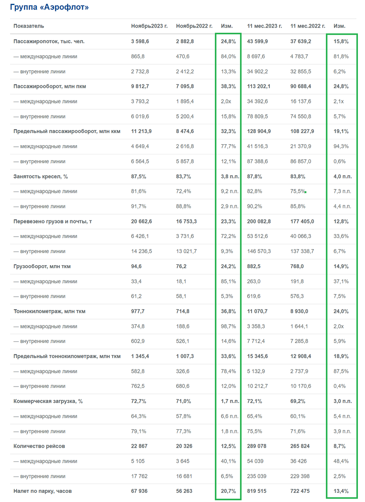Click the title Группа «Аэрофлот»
tap(49, 8)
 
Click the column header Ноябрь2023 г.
tap(149, 26)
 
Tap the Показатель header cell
tap(28, 26)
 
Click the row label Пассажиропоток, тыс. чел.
tap(49, 41)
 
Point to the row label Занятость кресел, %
tap(41, 177)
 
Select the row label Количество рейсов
tap(39, 446)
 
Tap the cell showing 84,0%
tap(228, 56)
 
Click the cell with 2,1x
tap(339, 101)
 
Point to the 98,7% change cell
tap(228, 326)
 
